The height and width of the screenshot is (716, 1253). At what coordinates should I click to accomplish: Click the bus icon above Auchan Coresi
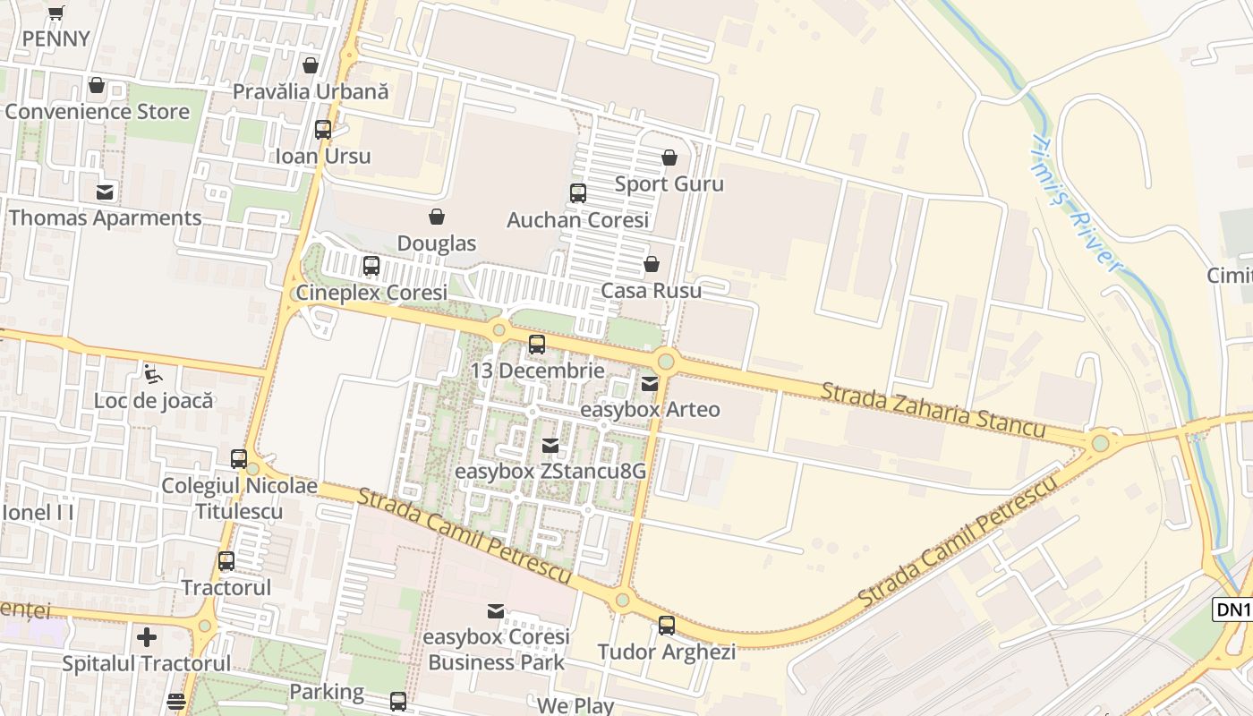point(578,193)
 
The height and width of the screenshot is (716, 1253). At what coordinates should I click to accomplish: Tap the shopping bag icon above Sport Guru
point(669,158)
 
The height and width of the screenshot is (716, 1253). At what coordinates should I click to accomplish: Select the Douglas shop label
point(437,243)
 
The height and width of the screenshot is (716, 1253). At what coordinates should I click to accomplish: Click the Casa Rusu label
point(652,291)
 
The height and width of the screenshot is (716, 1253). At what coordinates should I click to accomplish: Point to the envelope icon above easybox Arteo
point(650,384)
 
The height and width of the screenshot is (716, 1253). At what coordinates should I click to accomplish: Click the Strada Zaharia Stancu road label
point(933,410)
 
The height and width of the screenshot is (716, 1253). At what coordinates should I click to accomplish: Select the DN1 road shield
point(1232,609)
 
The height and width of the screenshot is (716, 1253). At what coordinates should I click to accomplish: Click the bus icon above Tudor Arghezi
point(667,626)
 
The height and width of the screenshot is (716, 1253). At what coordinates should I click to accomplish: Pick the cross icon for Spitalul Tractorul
point(147,637)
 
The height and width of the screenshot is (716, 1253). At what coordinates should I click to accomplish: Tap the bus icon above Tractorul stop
point(226,561)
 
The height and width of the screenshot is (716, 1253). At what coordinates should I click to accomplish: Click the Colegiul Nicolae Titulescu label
point(239,499)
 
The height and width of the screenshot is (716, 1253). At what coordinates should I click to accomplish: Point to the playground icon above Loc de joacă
point(153,373)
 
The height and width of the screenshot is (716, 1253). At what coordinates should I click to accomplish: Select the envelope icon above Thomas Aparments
point(105,192)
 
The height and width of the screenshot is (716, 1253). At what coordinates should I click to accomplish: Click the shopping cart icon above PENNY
point(56,13)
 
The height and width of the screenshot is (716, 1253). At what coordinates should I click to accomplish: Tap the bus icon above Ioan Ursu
point(323,130)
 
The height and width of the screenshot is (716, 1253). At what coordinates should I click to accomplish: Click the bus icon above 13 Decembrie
point(537,345)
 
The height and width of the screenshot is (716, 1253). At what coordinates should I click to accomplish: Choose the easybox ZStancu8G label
point(550,471)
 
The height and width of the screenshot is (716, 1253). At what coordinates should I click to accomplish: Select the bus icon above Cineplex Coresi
point(371,266)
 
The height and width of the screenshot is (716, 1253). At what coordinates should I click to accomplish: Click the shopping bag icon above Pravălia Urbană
point(311,65)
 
